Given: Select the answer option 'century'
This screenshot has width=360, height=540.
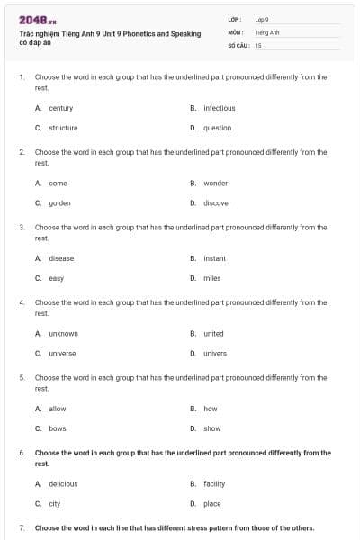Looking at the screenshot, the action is [x=60, y=108].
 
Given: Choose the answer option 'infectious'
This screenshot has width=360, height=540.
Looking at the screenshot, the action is [x=219, y=108].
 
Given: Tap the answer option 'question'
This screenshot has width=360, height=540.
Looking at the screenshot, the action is [x=217, y=128].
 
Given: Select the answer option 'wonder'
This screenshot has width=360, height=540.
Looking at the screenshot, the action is [x=215, y=183].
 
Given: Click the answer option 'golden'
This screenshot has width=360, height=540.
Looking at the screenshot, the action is [x=59, y=202].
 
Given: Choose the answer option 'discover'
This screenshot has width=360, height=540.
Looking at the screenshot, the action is [x=217, y=202].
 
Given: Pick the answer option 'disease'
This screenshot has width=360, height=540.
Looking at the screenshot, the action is [x=61, y=258].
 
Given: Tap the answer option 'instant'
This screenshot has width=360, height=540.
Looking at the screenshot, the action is [x=214, y=258].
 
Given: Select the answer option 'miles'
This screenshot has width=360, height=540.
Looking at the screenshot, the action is [x=211, y=278].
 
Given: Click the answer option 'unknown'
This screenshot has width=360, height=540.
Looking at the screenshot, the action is [x=63, y=333].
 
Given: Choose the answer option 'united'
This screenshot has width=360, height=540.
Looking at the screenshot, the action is [x=213, y=333].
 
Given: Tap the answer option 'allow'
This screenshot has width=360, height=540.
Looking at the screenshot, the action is [x=58, y=409].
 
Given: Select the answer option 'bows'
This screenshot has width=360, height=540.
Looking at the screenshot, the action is [x=58, y=428].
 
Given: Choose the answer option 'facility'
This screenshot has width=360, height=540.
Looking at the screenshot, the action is [x=214, y=483].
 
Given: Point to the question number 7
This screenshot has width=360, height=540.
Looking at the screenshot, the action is [x=22, y=527].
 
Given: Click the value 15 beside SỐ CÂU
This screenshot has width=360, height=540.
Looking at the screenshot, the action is [x=258, y=44].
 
